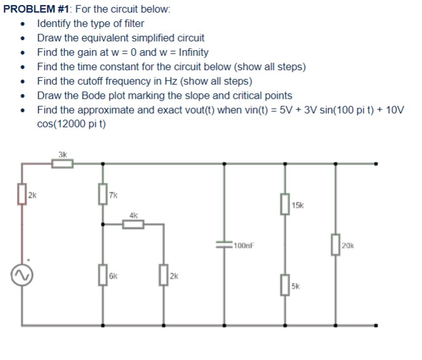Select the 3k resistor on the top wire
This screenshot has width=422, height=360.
62,164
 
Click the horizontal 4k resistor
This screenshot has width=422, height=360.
133,224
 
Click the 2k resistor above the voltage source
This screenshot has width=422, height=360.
24,194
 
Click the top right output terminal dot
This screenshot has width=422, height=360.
376,164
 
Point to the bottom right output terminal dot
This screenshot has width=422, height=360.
376,326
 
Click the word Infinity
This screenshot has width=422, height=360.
189,53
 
